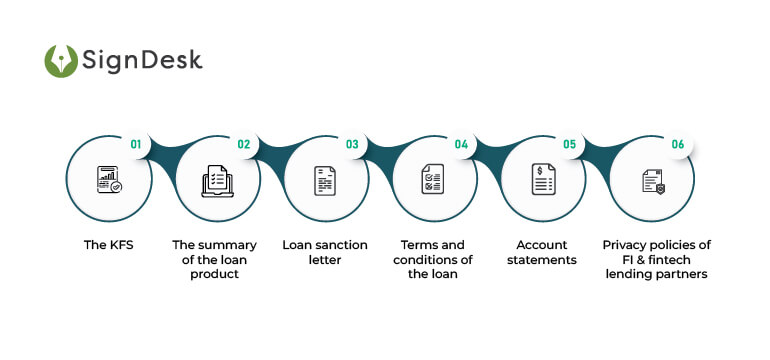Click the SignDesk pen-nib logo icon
61,61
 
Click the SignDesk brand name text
143,61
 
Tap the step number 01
135,144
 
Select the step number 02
244,144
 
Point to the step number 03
352,144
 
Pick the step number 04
461,144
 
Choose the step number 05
569,144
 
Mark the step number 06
678,144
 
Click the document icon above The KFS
108,180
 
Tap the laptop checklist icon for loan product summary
216,180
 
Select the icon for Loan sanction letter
324,180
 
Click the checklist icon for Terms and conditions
433,180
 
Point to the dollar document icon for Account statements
542,180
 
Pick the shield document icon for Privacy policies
651,180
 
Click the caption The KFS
108,245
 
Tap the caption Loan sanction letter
324,252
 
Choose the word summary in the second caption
226,245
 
